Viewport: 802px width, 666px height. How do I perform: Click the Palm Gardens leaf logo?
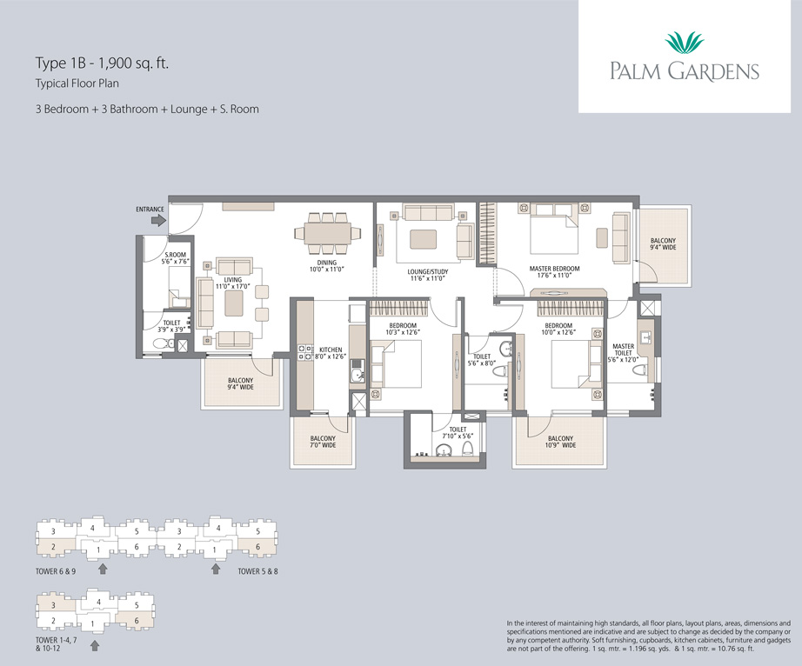pos(685,43)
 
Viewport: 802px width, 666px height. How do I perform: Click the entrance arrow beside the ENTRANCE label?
pos(159,220)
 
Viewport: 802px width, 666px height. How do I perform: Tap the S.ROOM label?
pos(176,255)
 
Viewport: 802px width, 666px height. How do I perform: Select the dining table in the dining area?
pos(327,232)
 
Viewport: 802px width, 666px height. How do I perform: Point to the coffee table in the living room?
pos(234,303)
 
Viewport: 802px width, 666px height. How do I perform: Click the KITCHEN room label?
pos(331,350)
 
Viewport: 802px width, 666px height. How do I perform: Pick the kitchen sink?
pos(357,376)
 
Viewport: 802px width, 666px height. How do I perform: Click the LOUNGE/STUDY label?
pos(428,272)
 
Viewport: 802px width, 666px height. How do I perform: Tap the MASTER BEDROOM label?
pos(554,269)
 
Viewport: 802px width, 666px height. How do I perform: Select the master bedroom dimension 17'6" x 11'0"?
pos(554,275)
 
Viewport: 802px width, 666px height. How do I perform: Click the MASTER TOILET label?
pos(623,350)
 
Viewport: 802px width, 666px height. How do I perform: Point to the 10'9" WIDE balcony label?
pos(560,445)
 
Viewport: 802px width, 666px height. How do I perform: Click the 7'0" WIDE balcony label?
pos(323,445)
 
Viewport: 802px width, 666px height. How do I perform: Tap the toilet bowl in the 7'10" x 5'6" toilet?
pos(466,449)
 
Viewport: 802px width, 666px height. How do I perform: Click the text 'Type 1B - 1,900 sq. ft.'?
pos(103,63)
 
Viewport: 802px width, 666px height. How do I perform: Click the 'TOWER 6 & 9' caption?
pos(56,571)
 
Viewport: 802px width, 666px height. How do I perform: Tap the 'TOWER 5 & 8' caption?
pos(257,571)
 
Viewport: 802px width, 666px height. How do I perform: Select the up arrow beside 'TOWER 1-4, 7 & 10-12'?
pos(95,645)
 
